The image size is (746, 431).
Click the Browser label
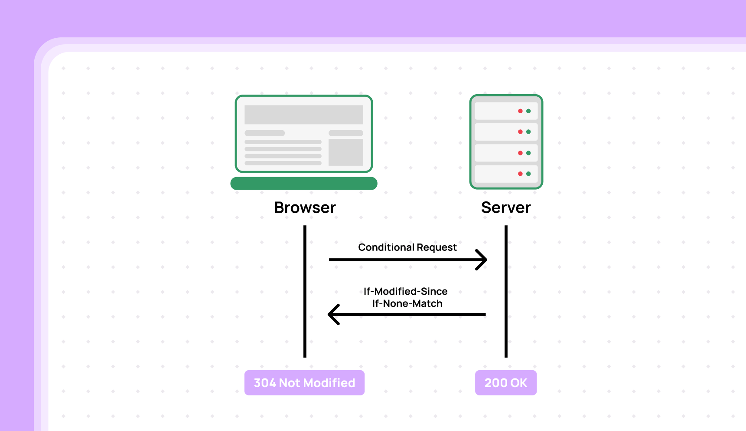click(x=305, y=207)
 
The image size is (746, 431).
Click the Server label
click(x=505, y=207)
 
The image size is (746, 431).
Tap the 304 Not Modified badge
click(x=304, y=383)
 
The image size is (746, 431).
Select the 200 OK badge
click(x=505, y=383)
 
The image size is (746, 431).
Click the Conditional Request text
click(x=407, y=247)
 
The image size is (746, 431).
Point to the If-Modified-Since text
click(x=405, y=291)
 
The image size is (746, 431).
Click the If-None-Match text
click(x=407, y=303)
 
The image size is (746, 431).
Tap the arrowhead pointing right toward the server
click(x=482, y=260)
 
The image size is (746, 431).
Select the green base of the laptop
click(x=303, y=183)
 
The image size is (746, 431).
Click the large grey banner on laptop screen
click(x=303, y=115)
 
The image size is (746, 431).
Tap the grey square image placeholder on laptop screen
click(x=345, y=152)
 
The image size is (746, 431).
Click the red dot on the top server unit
click(x=520, y=111)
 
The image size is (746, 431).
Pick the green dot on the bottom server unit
click(x=528, y=174)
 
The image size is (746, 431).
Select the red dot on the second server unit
click(x=520, y=132)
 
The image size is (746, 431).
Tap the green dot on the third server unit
click(x=528, y=153)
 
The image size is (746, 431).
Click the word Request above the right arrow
click(x=437, y=247)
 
